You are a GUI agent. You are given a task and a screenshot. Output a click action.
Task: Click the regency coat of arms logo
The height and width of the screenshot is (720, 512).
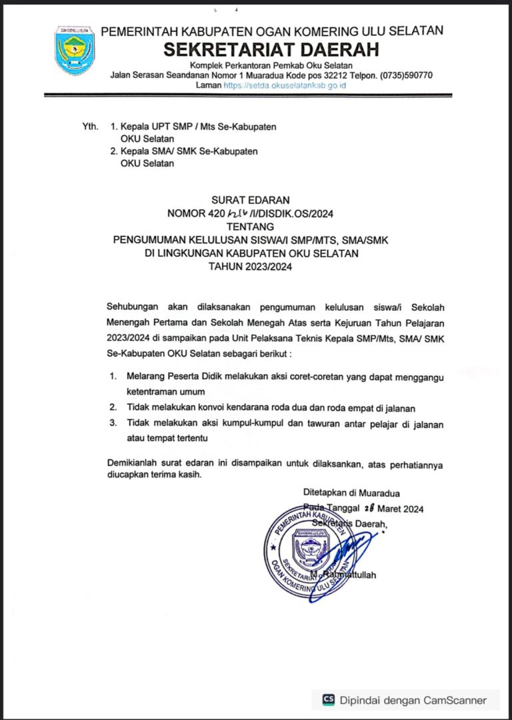pos(75,51)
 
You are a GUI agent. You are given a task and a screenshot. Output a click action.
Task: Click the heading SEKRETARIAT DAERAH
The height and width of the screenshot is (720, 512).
pos(271,49)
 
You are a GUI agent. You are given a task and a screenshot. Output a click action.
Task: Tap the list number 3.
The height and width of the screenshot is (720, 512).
pos(113,423)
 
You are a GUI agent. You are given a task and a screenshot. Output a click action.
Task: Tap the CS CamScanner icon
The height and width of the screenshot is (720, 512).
pos(329,699)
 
